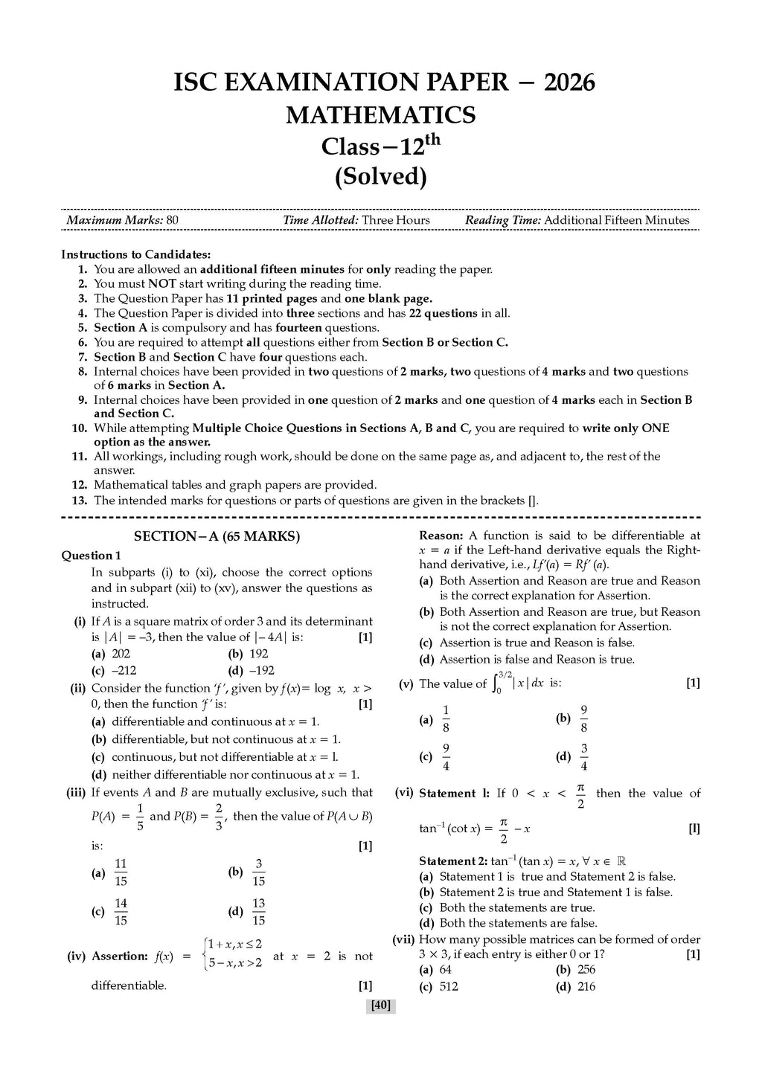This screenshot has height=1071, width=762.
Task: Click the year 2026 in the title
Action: pos(569,83)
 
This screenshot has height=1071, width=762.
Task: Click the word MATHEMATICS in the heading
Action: pos(380,115)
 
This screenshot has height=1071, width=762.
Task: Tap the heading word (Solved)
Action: pos(380,177)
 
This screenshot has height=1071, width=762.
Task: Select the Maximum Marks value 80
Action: pos(173,220)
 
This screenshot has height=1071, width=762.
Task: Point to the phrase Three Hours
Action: pos(396,220)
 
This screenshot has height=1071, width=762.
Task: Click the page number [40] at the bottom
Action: pos(380,1006)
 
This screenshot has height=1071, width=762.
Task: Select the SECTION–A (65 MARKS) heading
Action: pos(217,536)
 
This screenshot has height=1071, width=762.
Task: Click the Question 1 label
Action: pos(91,556)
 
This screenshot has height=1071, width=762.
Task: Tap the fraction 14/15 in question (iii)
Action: pos(121,912)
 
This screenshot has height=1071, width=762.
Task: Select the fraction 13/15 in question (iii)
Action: pos(258,912)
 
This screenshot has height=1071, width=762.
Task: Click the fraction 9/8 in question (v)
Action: pos(583,719)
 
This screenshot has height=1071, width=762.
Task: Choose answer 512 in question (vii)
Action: pos(449,987)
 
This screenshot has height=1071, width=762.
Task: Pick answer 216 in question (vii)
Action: pos(586,987)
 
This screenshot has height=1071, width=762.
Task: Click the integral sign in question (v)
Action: pos(499,684)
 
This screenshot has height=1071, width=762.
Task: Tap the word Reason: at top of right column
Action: pos(441,535)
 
